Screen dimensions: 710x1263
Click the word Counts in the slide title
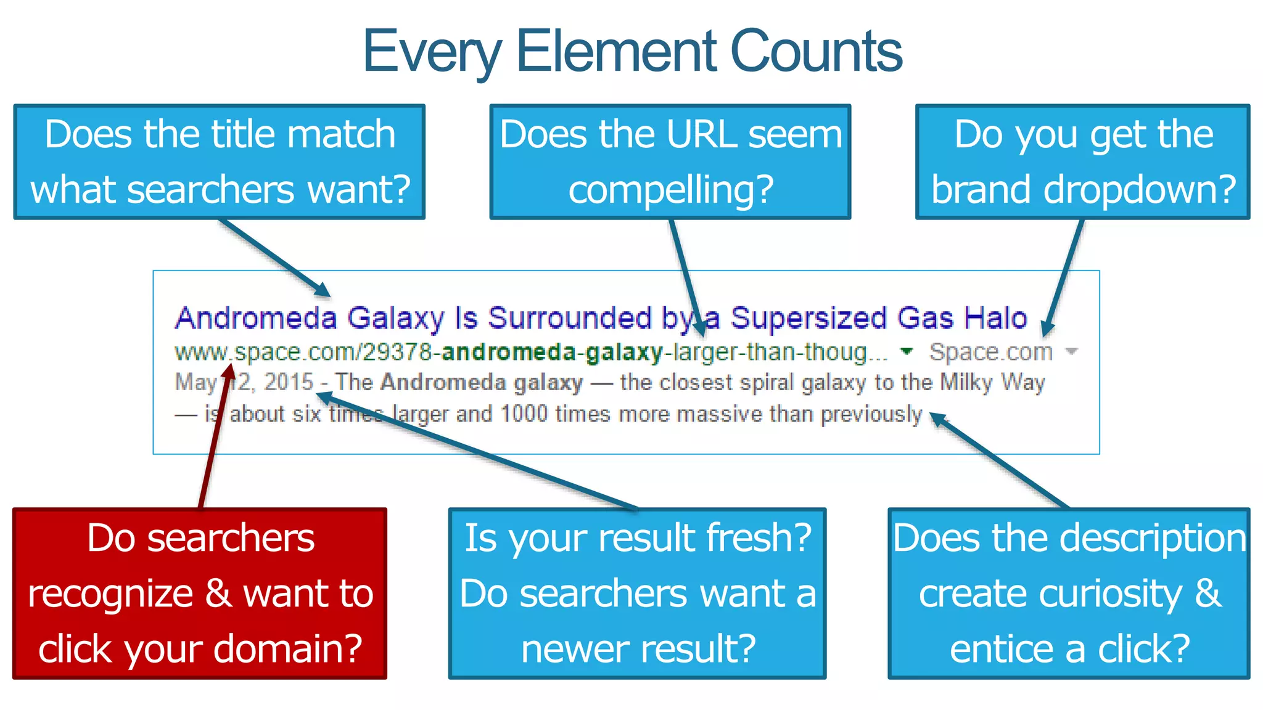816,52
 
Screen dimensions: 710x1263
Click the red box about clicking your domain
200,594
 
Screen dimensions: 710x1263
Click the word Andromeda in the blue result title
256,318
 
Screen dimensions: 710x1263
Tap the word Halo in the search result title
995,318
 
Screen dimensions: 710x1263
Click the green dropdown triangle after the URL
906,351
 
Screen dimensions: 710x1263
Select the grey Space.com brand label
990,352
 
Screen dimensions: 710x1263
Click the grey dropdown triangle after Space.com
1072,352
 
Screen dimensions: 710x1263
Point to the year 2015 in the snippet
289,382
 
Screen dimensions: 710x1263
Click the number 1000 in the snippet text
524,414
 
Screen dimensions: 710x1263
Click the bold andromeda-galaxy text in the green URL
552,352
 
